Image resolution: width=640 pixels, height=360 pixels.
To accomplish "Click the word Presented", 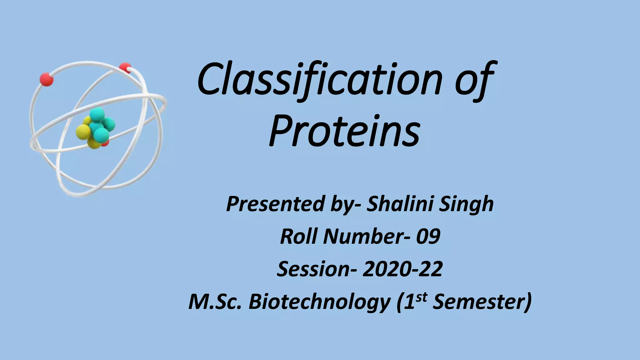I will [275, 204].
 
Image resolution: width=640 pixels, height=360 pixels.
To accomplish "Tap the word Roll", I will [299, 236].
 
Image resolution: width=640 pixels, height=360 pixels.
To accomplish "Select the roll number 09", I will [428, 236].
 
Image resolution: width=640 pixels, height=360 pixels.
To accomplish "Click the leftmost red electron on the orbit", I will [47, 79].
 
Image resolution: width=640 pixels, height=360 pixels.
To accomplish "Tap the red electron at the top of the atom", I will [125, 68].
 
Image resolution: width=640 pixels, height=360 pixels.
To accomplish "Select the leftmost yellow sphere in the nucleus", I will [83, 131].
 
